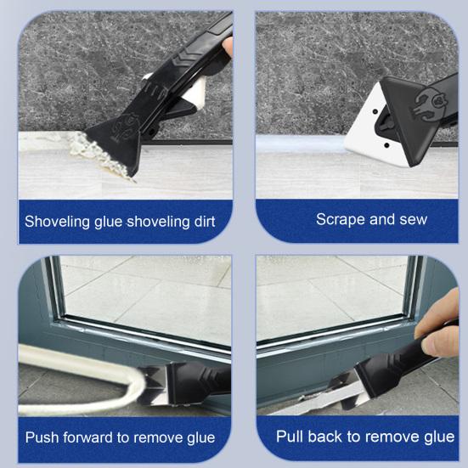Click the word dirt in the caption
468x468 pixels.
click(x=201, y=223)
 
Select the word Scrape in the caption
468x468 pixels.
click(x=338, y=219)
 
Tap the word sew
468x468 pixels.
click(x=410, y=219)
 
